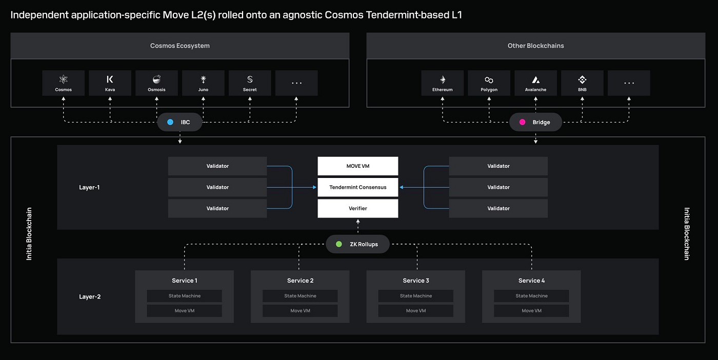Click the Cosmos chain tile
coord(64,83)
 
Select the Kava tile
coord(110,83)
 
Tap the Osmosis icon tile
coord(156,83)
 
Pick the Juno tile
coord(203,83)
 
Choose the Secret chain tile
coord(250,83)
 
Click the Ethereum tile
coord(443,83)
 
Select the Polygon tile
coord(489,83)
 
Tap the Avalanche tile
coord(535,83)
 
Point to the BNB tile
coord(582,83)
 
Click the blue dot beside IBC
coord(170,123)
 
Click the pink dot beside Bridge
coord(523,123)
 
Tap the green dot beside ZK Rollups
coord(338,244)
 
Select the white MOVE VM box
coord(358,166)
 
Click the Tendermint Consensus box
coord(358,187)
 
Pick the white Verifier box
coord(358,208)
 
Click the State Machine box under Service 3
coord(416,296)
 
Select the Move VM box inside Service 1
coord(185,311)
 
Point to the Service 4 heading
coord(531,281)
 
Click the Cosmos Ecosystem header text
coord(180,46)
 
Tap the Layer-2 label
coord(90,296)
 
